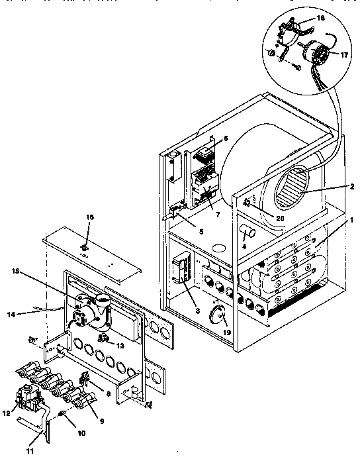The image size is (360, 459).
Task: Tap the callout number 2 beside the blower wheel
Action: [339, 187]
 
